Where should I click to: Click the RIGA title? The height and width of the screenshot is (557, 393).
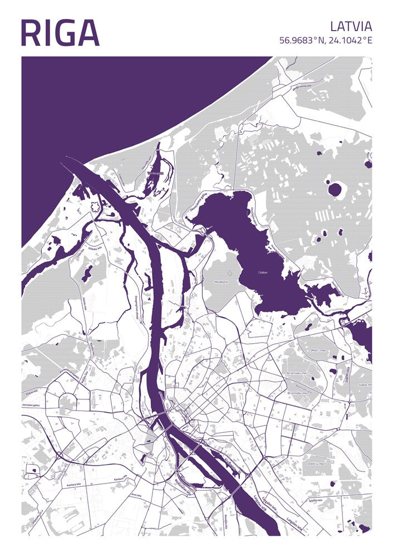click(60, 33)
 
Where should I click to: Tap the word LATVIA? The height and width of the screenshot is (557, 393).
click(351, 26)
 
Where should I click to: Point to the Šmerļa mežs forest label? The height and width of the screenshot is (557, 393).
click(318, 350)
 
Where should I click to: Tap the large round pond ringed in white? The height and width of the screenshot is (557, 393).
click(334, 189)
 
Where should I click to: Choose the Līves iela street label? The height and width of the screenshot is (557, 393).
click(135, 494)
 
